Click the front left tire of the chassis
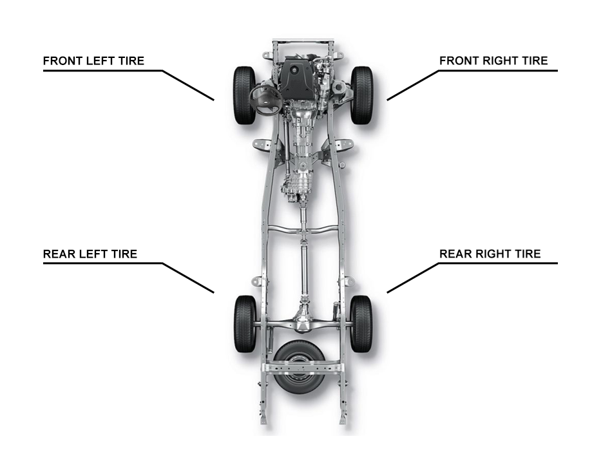point(244,95)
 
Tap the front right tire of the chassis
point(361,95)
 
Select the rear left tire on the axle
point(245,324)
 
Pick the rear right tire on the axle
point(361,324)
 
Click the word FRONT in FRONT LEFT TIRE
point(63,61)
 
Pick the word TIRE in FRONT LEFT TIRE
point(131,61)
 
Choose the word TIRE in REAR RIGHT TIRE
point(528,254)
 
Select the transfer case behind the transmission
point(298,187)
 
